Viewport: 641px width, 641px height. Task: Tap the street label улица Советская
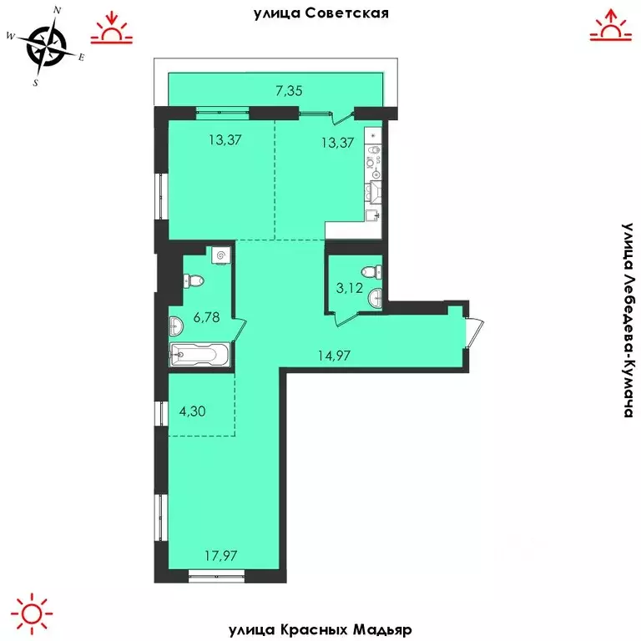[x=321, y=13]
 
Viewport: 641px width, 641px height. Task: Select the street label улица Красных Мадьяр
[x=320, y=628]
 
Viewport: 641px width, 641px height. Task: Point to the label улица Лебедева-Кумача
[x=628, y=320]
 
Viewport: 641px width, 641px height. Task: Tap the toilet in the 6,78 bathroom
[x=190, y=283]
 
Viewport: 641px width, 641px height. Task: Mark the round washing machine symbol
[x=221, y=255]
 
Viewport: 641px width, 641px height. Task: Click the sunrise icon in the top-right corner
[x=612, y=26]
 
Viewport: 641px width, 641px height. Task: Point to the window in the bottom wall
[x=215, y=574]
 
